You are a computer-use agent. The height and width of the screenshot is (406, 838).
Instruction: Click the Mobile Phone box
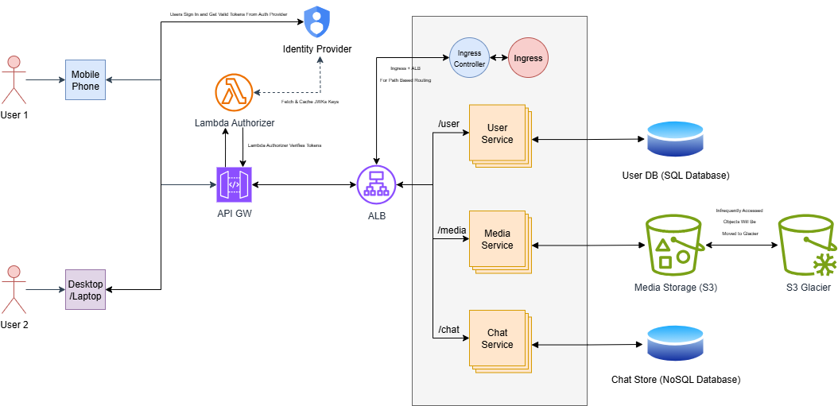click(85, 79)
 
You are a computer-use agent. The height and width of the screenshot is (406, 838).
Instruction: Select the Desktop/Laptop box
click(85, 289)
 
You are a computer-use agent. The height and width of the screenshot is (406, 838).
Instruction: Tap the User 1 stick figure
click(12, 79)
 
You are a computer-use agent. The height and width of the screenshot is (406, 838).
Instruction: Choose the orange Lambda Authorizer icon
click(234, 93)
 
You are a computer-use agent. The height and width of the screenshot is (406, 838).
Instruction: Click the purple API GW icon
click(234, 184)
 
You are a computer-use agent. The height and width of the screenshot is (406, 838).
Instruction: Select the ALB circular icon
click(376, 184)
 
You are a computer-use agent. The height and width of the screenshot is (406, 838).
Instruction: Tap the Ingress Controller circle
click(469, 58)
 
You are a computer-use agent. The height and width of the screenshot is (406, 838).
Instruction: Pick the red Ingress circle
click(528, 58)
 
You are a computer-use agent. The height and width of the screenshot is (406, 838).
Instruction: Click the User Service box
click(498, 133)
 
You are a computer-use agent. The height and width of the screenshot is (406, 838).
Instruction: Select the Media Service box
click(498, 239)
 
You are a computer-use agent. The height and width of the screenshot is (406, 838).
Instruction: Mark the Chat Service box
click(498, 338)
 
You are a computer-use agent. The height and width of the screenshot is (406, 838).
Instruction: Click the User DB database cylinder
click(675, 139)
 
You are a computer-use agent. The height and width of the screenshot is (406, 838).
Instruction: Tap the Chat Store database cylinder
click(675, 344)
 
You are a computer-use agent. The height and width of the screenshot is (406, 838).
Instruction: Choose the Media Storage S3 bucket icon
click(674, 245)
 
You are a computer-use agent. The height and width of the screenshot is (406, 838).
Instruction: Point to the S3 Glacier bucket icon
click(807, 245)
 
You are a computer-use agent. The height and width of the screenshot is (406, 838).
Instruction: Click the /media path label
click(452, 230)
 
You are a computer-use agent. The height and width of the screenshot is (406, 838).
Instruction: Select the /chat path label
click(448, 329)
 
